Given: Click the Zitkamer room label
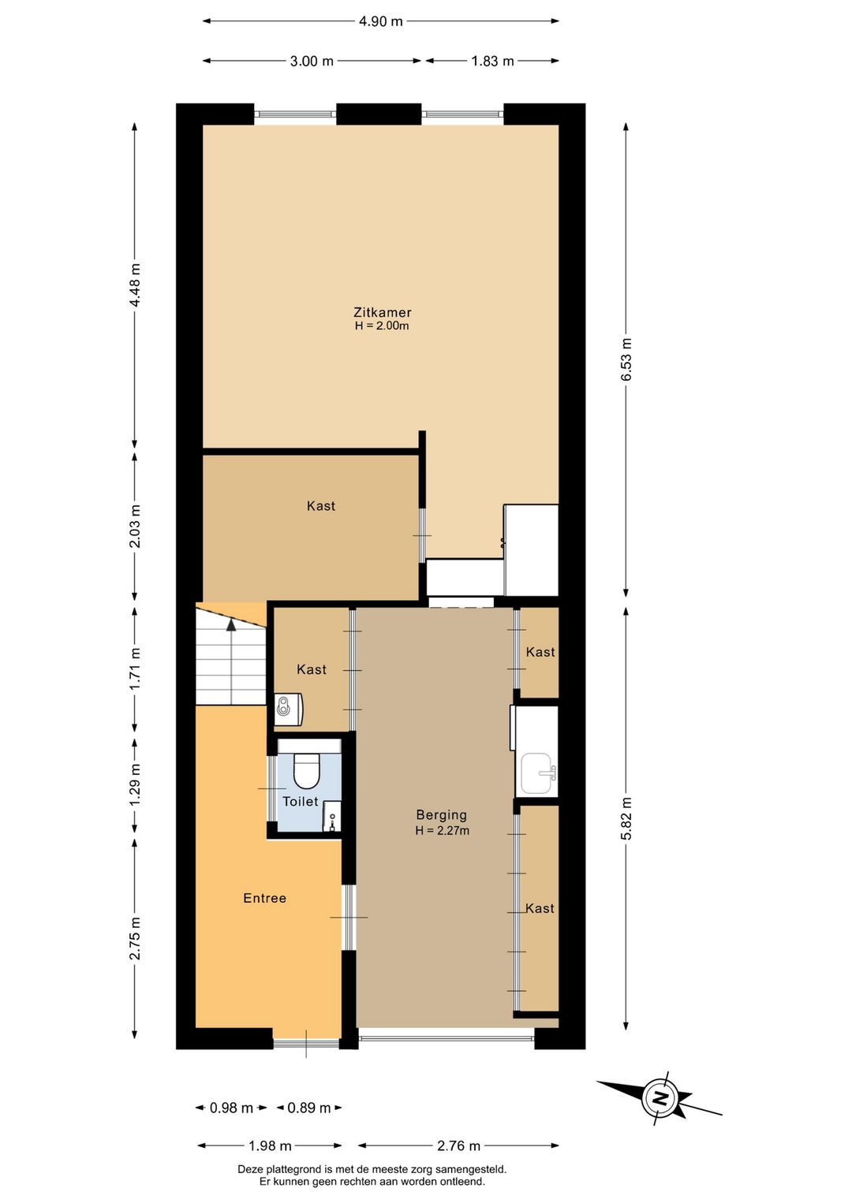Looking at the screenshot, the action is coord(382,312).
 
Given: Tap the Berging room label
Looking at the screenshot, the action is coord(441,814).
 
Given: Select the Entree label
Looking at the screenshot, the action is coord(264,898).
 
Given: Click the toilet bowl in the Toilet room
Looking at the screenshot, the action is coord(307,769).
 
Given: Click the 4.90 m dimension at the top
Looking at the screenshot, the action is coord(380,21).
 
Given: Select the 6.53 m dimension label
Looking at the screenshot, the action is coord(626,359).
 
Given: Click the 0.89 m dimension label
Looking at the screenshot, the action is coord(308,1108).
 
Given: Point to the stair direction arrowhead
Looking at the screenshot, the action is coord(231,624).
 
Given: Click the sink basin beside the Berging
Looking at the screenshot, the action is coord(537,773).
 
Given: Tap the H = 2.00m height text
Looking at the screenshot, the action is coord(382,326).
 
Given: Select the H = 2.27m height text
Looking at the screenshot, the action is coord(442,830).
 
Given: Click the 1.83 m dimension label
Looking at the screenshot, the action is coord(492,61).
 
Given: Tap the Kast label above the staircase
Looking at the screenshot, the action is coord(321,505).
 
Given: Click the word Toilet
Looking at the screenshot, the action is coord(301,801).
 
